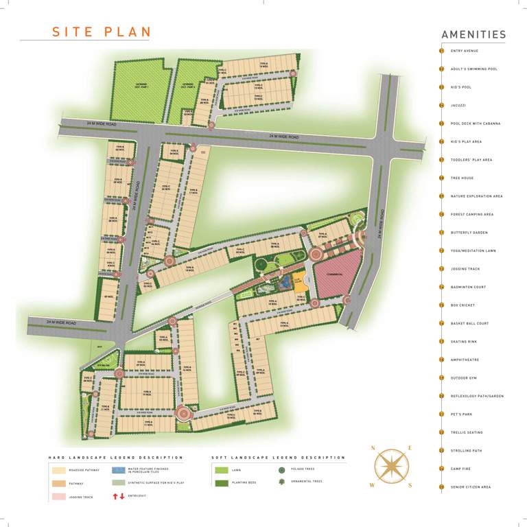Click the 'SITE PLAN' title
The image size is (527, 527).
(102, 32)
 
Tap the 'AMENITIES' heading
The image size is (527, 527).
(473, 35)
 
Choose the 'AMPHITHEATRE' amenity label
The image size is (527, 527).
(465, 360)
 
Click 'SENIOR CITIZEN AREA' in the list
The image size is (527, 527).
(471, 487)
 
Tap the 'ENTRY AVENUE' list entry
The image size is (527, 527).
(465, 51)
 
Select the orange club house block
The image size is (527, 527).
(300, 280)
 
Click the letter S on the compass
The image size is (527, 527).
(410, 485)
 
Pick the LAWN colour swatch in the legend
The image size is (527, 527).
(221, 470)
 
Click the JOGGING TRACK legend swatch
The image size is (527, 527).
(57, 496)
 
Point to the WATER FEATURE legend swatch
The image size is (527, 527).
(118, 471)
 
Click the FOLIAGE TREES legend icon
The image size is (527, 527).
(281, 469)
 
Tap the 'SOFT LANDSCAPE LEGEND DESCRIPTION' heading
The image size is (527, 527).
(279, 457)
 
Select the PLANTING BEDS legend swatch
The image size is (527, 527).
(221, 483)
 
